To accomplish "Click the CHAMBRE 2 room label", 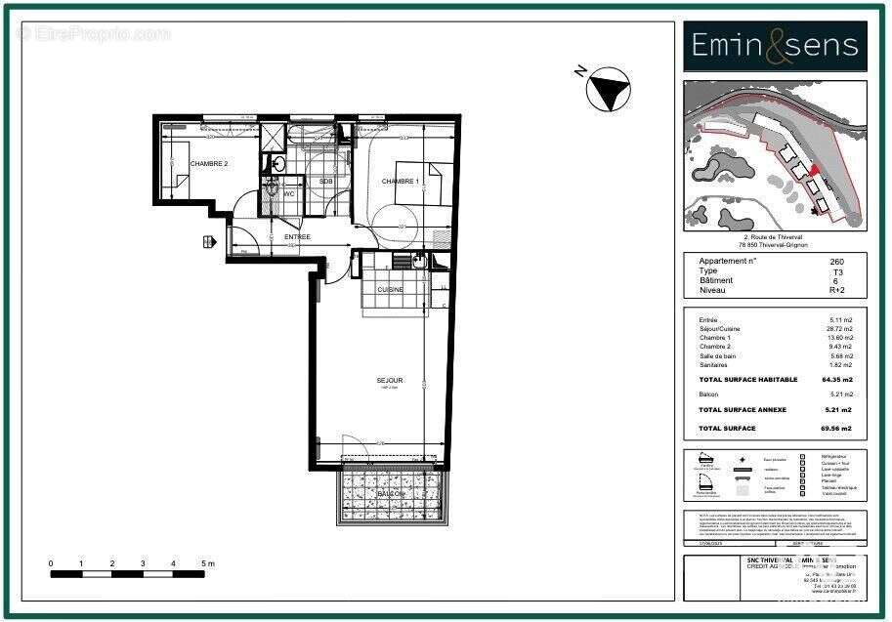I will [208, 164].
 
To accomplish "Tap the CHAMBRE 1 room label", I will [400, 182].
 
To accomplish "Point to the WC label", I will [289, 194].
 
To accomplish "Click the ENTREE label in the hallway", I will [297, 237].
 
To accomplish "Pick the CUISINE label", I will [393, 289].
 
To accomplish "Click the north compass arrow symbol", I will [607, 90].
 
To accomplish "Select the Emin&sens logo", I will [775, 46].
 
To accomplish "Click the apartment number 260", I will [836, 262].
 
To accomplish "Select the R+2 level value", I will [836, 291].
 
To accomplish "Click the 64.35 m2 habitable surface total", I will [836, 379].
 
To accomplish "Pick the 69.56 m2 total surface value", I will [836, 429].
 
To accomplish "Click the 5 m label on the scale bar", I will [206, 564].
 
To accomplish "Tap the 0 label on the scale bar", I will [52, 564].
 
